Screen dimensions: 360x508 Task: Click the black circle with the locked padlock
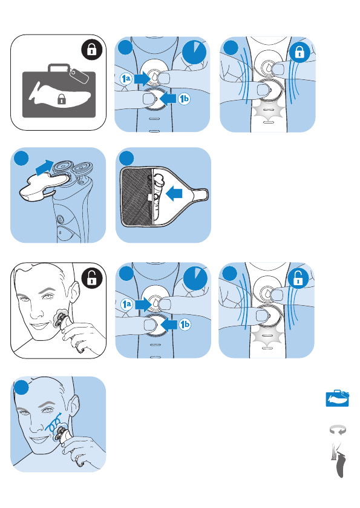[92, 50]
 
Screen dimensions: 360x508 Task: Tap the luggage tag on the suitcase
[79, 75]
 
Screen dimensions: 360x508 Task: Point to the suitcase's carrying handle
[59, 68]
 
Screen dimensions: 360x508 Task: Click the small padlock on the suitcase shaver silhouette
[61, 99]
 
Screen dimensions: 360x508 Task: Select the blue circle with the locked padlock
[299, 51]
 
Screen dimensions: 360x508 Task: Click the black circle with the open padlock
[92, 278]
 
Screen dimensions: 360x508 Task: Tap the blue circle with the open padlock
[298, 279]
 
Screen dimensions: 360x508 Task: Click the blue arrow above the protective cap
[44, 167]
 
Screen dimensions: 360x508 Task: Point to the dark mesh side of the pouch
[136, 197]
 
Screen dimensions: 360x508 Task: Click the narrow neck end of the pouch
[201, 194]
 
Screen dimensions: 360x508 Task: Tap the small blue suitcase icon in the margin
[338, 398]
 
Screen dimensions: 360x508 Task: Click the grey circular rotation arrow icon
[338, 430]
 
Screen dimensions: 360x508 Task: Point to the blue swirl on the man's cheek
[54, 423]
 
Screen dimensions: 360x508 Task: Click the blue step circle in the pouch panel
[126, 158]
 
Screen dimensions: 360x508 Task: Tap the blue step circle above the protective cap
[21, 158]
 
